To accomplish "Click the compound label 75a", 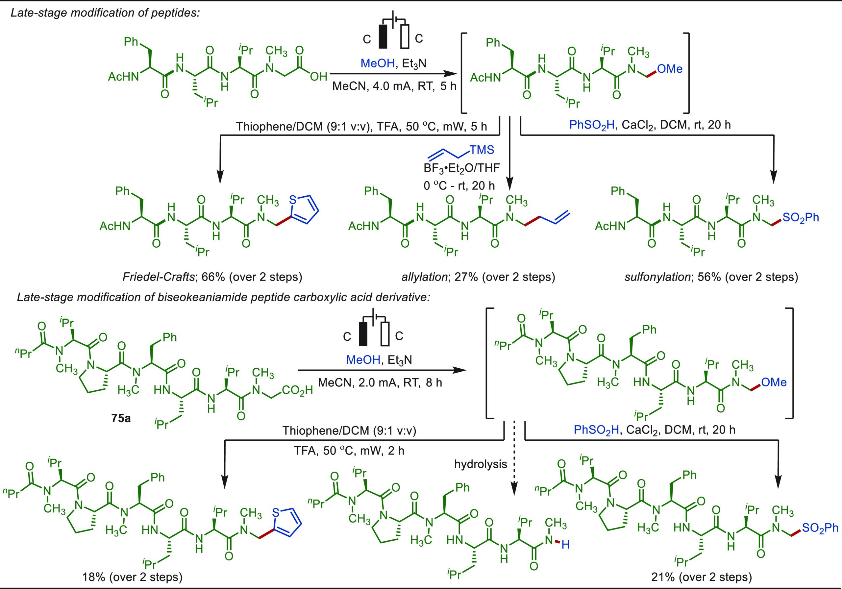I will (121, 418).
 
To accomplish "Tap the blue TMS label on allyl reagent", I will (482, 150).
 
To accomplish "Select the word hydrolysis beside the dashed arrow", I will (481, 464).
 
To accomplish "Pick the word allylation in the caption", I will (424, 277).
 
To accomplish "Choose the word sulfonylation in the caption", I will (657, 277).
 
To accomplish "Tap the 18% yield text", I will (93, 577).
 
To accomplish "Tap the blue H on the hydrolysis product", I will (565, 545).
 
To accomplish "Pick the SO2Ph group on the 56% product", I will (801, 217).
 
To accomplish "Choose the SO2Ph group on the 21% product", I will (820, 528).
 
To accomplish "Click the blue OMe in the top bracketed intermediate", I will (670, 69).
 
